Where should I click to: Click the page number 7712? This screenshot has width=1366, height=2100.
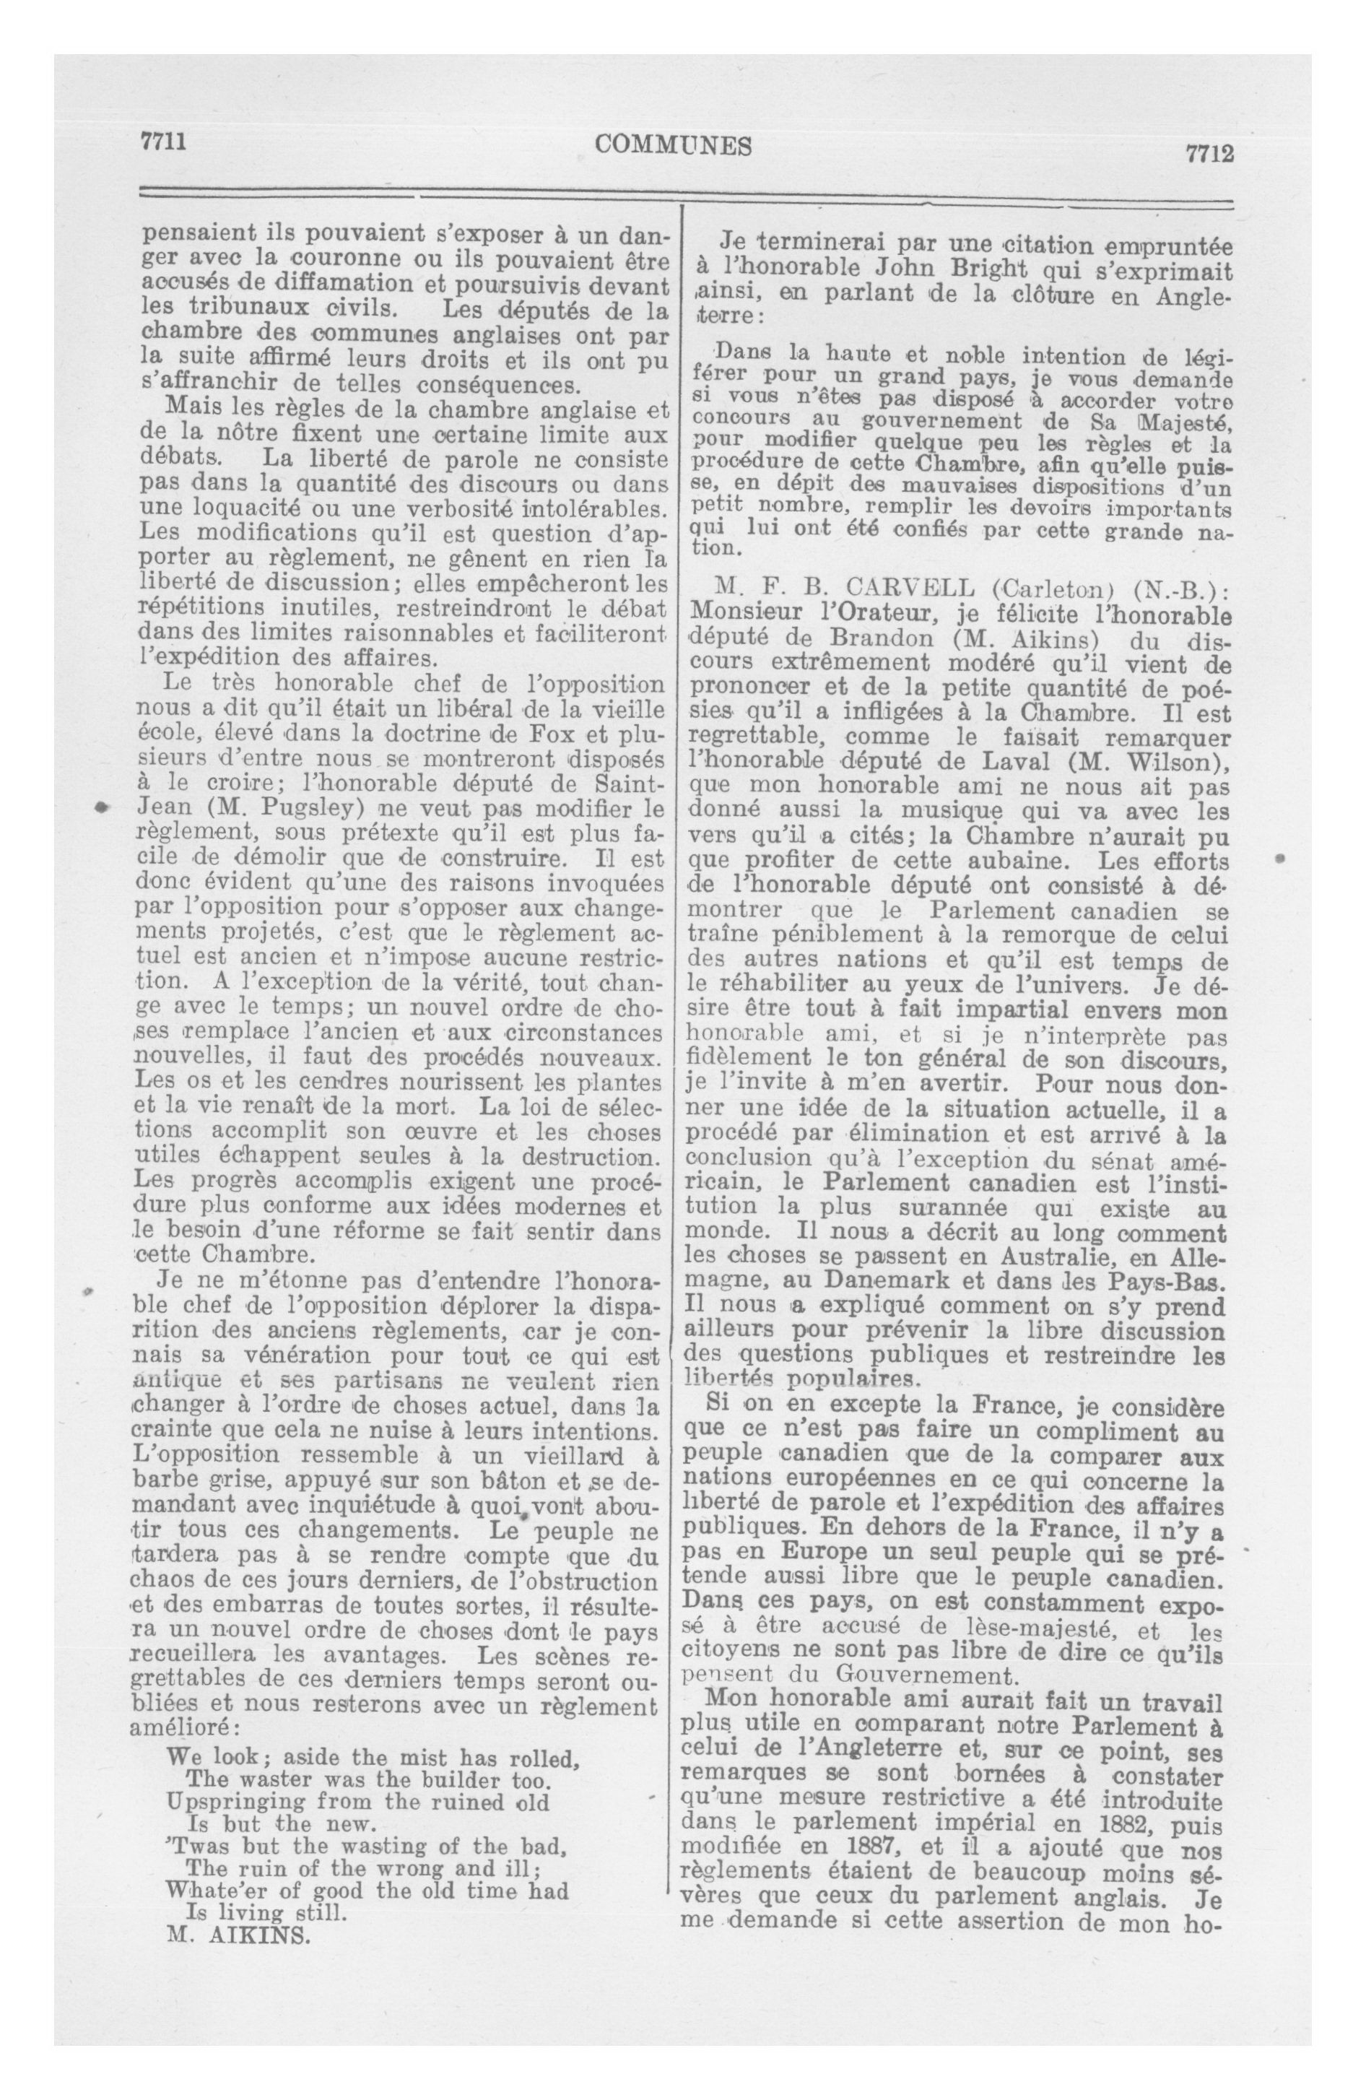tap(1208, 152)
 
